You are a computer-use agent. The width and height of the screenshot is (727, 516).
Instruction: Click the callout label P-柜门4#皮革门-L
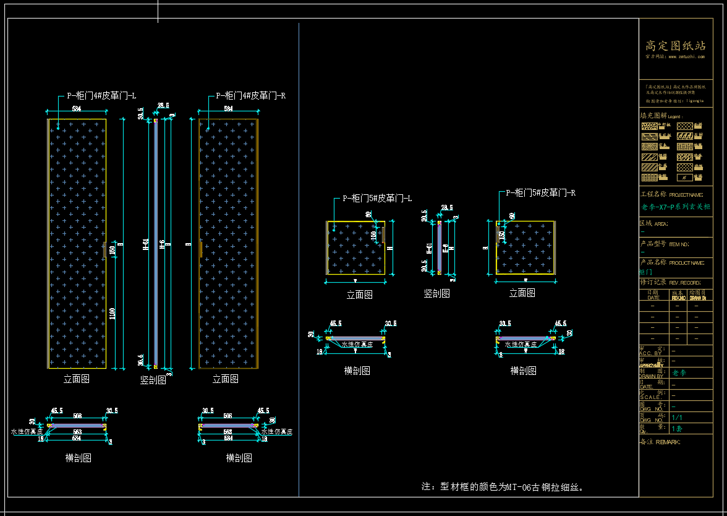pos(101,96)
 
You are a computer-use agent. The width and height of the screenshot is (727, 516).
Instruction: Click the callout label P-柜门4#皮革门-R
pos(250,96)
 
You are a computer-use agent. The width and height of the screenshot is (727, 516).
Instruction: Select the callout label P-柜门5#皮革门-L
pos(377,199)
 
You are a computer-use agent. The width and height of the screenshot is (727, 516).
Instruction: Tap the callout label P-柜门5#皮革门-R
pos(541,193)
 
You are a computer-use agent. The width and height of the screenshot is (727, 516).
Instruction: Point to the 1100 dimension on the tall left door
pos(112,314)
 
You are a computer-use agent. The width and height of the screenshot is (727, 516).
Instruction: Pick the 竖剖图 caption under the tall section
pos(153,380)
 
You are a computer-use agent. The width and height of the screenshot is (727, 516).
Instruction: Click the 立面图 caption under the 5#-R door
pos(522,293)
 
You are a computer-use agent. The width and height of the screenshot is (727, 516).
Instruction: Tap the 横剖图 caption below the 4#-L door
pos(79,458)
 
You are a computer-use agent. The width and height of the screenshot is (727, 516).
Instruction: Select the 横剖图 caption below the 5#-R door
pos(523,370)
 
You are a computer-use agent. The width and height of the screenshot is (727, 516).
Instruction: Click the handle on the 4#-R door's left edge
pos(200,248)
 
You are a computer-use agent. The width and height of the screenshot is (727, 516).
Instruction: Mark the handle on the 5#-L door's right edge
pos(384,235)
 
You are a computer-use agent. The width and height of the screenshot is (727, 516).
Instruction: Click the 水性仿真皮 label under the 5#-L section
pos(357,345)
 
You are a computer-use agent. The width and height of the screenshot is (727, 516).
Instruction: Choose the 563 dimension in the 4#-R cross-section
pos(227,432)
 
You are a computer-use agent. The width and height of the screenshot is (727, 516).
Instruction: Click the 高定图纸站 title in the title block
pos(675,46)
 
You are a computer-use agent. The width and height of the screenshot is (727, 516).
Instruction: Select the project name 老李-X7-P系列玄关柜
pos(676,207)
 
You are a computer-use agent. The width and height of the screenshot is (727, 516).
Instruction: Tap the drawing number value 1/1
pos(677,418)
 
